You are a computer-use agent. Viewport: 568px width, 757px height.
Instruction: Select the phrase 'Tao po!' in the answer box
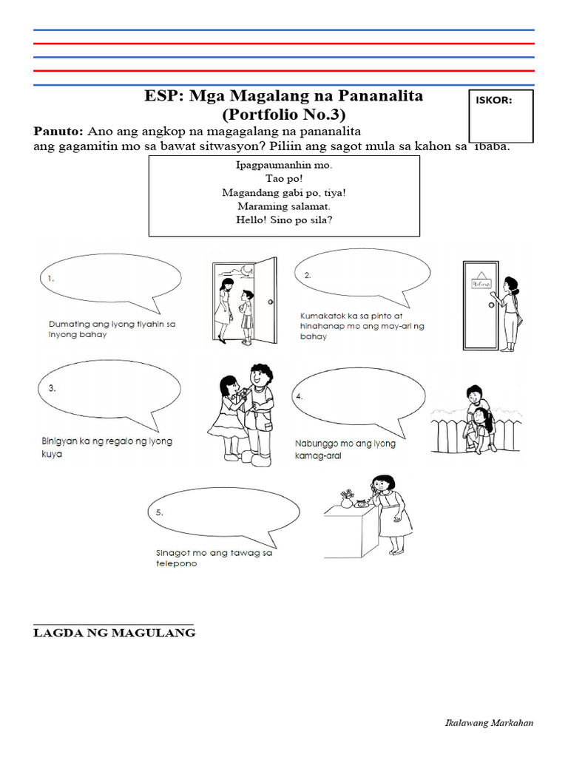[284, 179]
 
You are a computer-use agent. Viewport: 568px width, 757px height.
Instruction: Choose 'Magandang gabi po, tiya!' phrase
[284, 192]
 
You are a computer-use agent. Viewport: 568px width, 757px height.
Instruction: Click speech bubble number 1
[109, 279]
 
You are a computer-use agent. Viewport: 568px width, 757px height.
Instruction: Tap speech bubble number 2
[362, 276]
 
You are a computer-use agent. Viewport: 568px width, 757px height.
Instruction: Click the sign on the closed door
[481, 282]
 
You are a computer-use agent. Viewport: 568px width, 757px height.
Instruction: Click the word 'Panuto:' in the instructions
[59, 131]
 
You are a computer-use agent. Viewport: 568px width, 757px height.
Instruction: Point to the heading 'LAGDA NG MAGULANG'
[115, 633]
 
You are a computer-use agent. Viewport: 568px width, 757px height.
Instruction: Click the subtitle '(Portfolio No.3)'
[283, 115]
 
